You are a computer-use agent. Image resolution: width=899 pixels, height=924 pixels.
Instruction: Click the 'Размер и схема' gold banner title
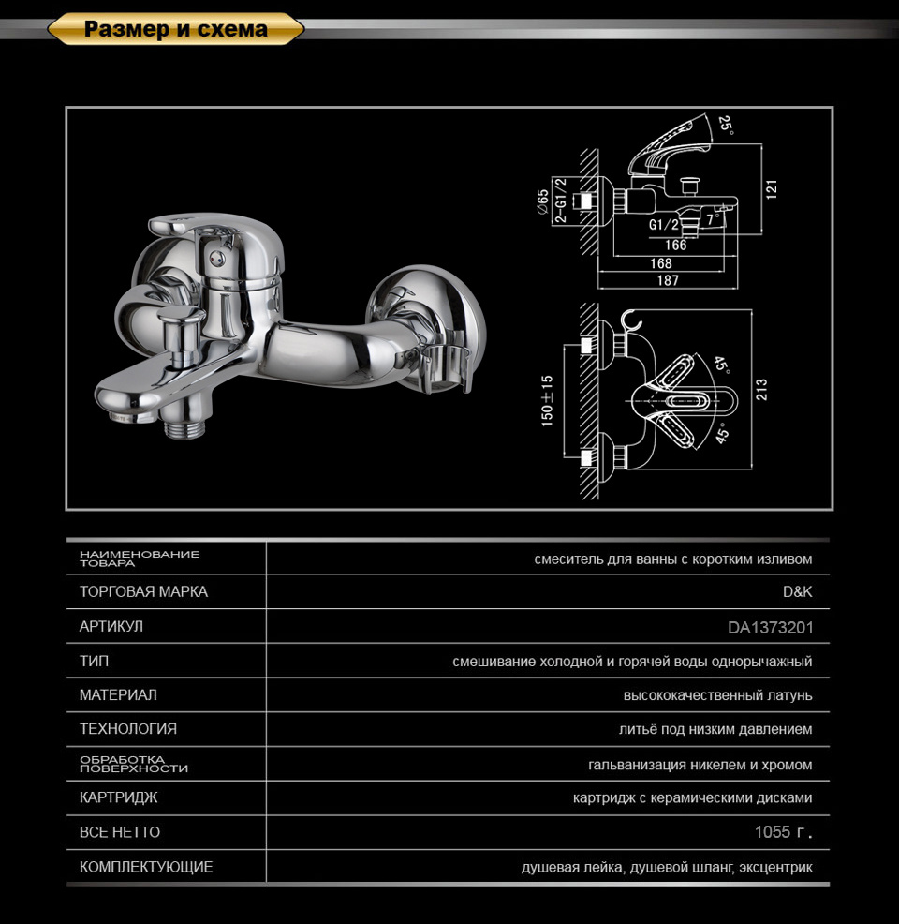[175, 29]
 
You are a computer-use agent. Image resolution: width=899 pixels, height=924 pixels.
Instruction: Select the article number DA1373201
[770, 627]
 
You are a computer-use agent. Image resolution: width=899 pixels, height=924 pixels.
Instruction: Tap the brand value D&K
[797, 592]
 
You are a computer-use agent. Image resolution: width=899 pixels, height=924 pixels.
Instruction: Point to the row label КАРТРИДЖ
[119, 798]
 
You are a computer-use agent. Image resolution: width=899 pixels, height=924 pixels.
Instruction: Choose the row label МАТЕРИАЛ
[118, 695]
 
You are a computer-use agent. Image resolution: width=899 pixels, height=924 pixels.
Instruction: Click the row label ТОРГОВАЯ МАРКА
[143, 592]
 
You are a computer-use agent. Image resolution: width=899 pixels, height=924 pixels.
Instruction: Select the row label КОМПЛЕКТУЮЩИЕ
[146, 867]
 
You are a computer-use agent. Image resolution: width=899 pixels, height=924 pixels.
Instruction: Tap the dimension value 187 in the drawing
[669, 280]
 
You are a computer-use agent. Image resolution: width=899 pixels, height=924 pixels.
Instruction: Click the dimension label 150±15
[547, 401]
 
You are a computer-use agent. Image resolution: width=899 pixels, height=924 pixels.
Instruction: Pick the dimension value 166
[675, 246]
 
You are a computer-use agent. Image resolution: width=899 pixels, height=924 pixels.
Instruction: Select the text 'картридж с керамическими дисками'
[692, 798]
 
